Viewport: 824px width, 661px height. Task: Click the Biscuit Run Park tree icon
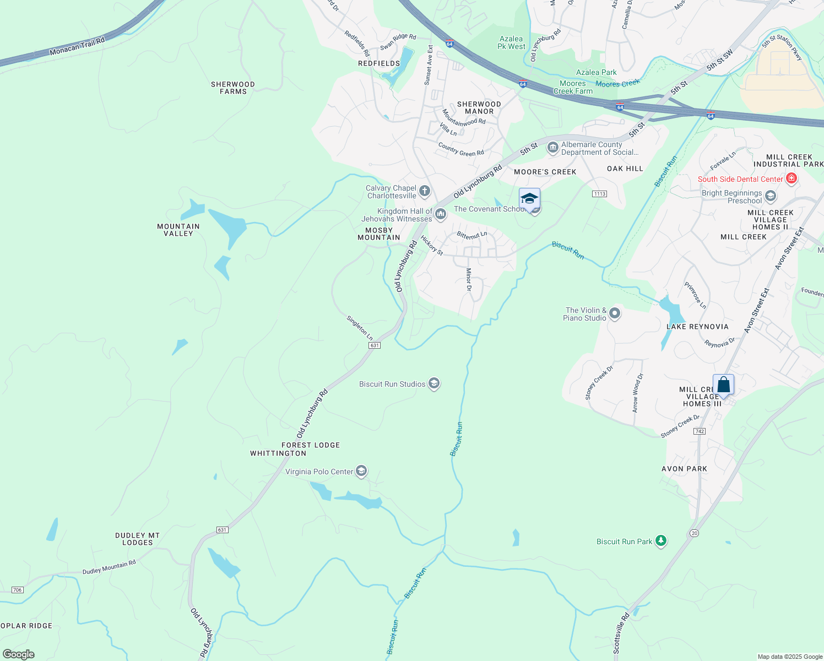[661, 541]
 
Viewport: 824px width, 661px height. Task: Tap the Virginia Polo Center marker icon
[361, 471]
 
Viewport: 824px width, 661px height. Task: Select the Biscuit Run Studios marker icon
[434, 384]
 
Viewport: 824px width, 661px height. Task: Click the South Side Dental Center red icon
[792, 178]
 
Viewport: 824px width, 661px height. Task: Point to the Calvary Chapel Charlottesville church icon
[424, 192]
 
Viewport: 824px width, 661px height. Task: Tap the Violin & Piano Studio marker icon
[615, 314]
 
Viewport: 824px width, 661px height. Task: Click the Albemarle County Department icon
[552, 148]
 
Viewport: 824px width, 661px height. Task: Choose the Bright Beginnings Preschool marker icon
[771, 196]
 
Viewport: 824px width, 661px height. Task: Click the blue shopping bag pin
[723, 385]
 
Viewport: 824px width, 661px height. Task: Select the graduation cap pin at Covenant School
[529, 199]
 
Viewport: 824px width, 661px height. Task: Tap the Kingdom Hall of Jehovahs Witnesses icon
[440, 214]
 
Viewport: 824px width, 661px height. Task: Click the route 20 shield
[693, 533]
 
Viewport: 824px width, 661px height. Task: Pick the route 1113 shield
[600, 194]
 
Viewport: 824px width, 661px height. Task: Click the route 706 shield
[17, 590]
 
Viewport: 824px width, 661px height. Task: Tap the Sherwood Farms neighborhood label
[233, 88]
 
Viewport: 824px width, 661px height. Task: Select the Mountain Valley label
[178, 230]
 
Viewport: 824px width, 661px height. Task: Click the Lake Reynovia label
[697, 327]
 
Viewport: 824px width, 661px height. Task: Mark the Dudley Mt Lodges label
[138, 539]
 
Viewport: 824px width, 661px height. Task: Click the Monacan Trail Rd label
[77, 46]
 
